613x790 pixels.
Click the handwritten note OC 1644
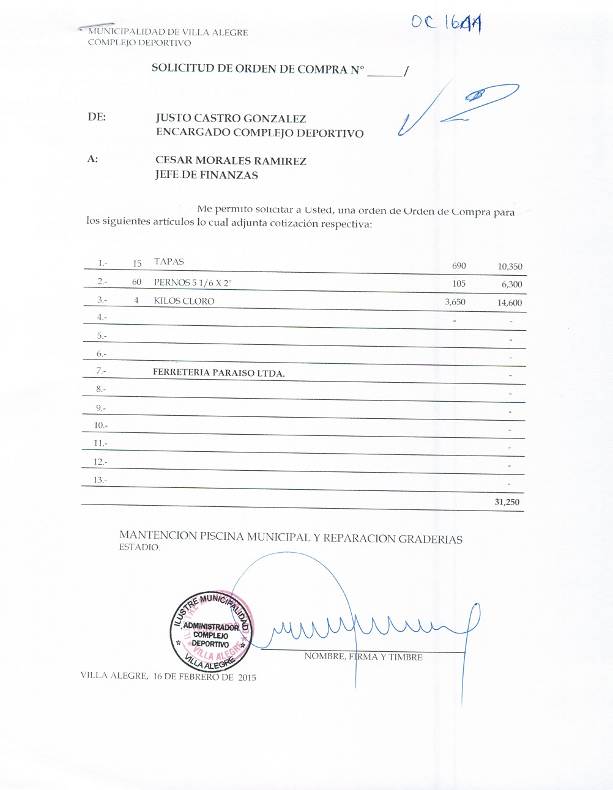click(x=446, y=23)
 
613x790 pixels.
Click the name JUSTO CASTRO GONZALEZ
click(x=231, y=119)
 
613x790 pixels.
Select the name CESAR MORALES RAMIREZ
click(x=231, y=161)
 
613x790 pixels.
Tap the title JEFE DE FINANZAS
click(x=206, y=175)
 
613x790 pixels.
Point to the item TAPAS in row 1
click(x=169, y=262)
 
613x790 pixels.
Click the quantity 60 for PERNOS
click(x=136, y=282)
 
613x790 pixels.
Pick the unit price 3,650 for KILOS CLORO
click(x=455, y=301)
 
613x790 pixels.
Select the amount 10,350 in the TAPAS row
click(x=510, y=267)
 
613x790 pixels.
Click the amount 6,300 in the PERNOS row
click(x=511, y=284)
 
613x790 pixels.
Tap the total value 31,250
click(x=507, y=502)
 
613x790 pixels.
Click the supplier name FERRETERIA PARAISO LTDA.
click(x=218, y=372)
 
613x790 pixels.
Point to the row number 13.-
click(x=100, y=480)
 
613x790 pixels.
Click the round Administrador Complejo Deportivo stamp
click(x=211, y=632)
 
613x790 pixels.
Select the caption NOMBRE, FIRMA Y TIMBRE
click(x=363, y=657)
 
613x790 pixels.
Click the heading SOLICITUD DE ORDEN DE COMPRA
click(x=258, y=69)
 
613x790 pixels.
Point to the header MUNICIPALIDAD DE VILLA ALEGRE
click(x=168, y=32)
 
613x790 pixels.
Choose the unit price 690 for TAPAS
click(x=459, y=266)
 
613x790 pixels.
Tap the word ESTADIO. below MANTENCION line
click(x=139, y=548)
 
